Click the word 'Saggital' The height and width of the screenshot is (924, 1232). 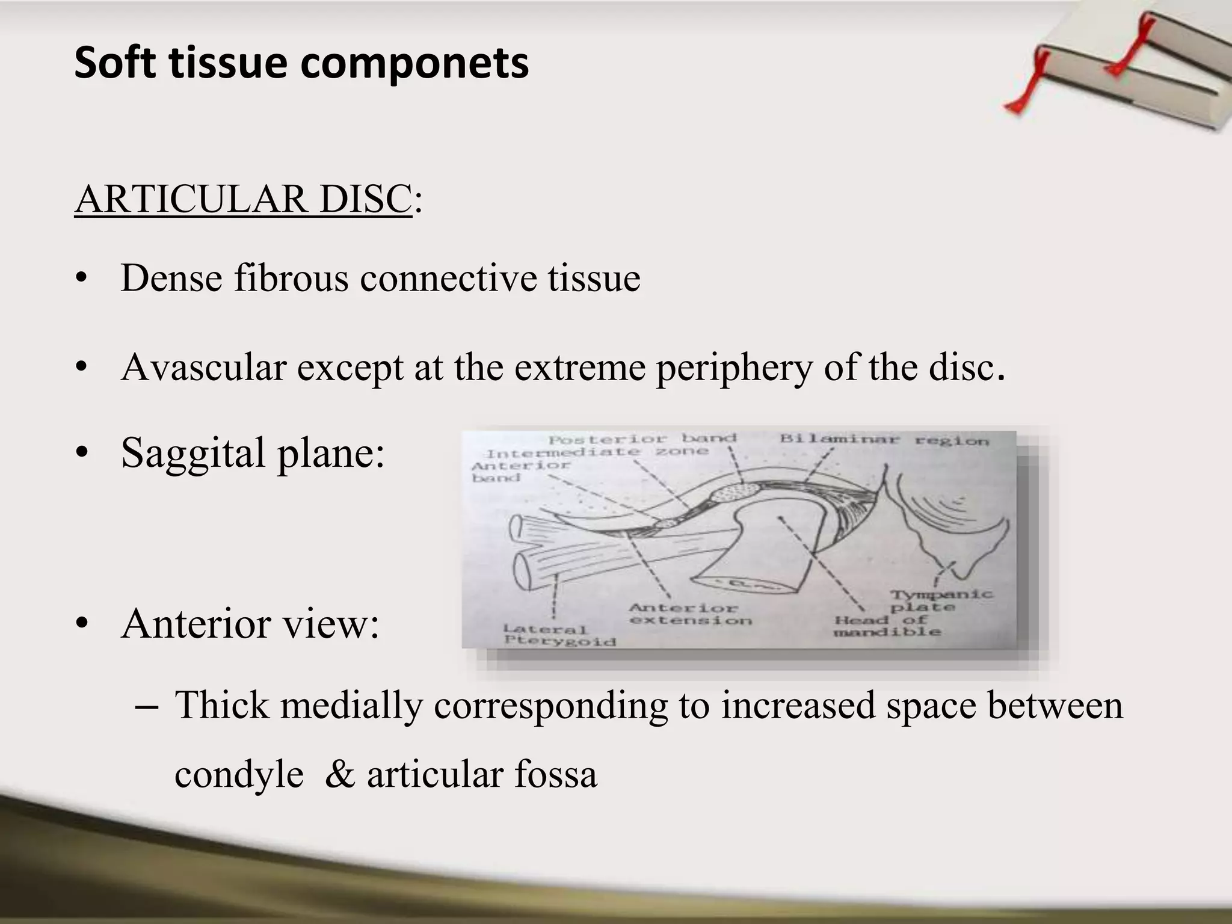coord(193,452)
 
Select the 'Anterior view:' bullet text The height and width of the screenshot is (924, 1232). coord(250,623)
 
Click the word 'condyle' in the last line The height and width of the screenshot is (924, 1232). coord(239,774)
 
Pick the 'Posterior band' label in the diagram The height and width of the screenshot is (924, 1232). coord(642,439)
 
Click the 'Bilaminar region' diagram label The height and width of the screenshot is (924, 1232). coord(884,440)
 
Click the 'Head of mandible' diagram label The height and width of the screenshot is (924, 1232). coord(887,626)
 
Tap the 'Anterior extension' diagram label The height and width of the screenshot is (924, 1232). coord(690,614)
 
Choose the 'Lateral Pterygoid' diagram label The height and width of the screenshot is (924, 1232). coord(559,635)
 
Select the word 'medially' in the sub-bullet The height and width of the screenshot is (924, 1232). coord(351,705)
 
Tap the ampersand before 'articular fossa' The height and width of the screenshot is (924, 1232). coord(340,774)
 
